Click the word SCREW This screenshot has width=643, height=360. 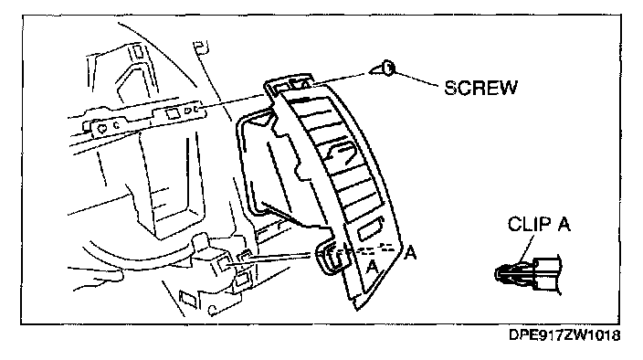pyautogui.click(x=481, y=88)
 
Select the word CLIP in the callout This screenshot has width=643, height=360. pyautogui.click(x=529, y=224)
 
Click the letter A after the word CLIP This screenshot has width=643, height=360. pyautogui.click(x=564, y=224)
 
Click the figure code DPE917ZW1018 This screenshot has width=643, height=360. pyautogui.click(x=564, y=335)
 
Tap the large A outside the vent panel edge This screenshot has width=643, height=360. pyautogui.click(x=410, y=252)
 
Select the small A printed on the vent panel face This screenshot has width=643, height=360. pyautogui.click(x=372, y=268)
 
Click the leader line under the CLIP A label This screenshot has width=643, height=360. pyautogui.click(x=526, y=249)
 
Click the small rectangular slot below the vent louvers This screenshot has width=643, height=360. pyautogui.click(x=371, y=229)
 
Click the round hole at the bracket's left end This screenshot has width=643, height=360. pyautogui.click(x=102, y=128)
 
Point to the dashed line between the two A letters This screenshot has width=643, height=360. pyautogui.click(x=376, y=249)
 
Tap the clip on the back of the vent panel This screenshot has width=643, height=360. pyautogui.click(x=329, y=258)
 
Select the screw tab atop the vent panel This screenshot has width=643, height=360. pyautogui.click(x=290, y=85)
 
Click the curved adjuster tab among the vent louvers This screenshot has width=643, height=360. pyautogui.click(x=340, y=152)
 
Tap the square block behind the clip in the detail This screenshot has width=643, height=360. pyautogui.click(x=548, y=274)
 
